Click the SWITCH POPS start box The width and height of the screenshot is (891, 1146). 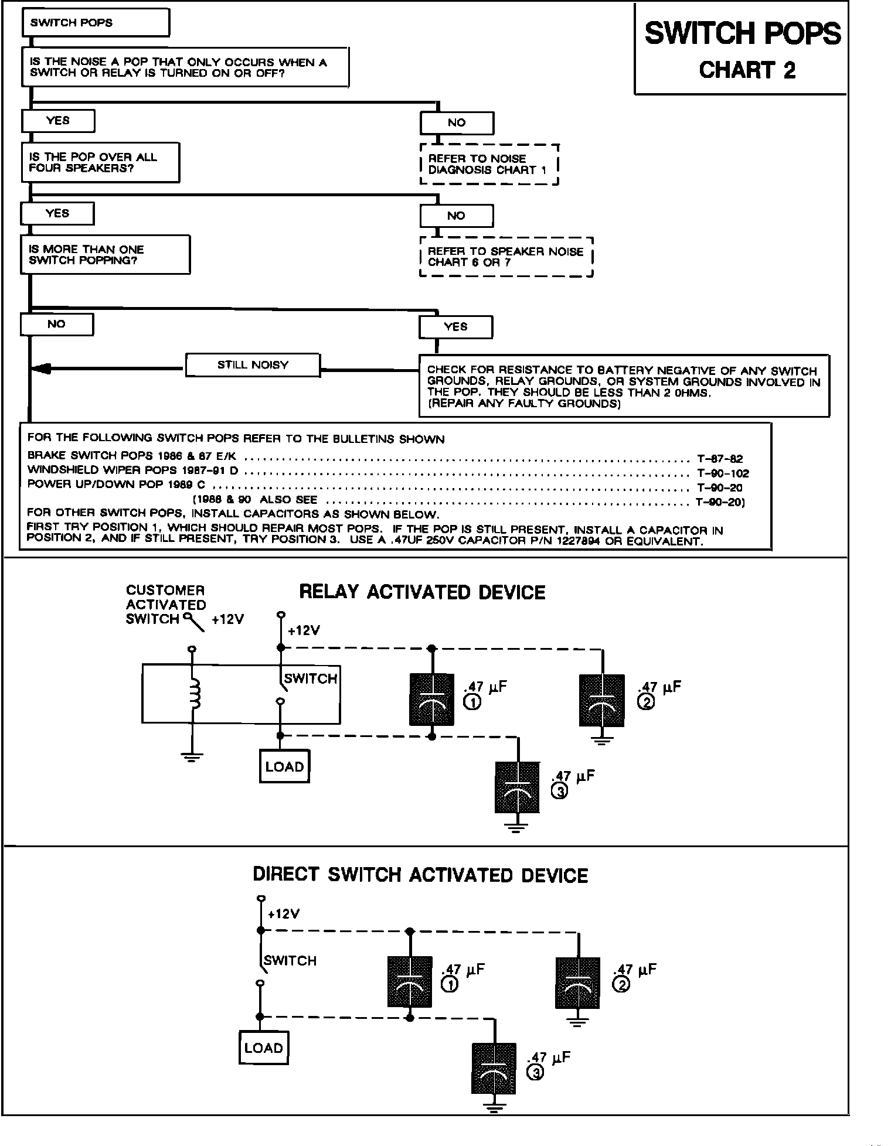click(x=96, y=23)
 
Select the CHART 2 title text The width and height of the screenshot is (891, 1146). click(x=747, y=70)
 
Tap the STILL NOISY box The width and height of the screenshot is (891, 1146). click(x=253, y=365)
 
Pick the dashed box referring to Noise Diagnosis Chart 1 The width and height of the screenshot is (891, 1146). click(x=489, y=165)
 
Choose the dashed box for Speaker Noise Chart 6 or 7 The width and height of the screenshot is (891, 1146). click(x=506, y=257)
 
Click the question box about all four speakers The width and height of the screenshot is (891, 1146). click(x=100, y=162)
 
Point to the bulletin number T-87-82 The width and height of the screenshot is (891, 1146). click(x=720, y=459)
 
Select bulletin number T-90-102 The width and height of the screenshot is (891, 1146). click(x=723, y=473)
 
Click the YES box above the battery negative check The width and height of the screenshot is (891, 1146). click(x=455, y=327)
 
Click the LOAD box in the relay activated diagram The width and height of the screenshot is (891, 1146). click(x=284, y=766)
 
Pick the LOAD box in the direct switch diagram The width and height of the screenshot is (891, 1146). click(x=264, y=1048)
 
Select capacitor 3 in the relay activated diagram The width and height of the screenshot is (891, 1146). click(x=517, y=787)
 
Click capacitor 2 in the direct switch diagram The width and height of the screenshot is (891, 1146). click(x=577, y=983)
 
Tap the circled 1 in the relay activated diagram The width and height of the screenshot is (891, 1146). click(x=472, y=702)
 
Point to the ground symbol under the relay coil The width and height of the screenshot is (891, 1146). click(x=192, y=756)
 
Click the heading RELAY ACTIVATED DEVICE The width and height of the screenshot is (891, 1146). click(x=422, y=592)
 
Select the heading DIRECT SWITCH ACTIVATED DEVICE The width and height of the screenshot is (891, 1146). click(x=420, y=875)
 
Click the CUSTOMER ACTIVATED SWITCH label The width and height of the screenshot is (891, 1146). click(x=166, y=605)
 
